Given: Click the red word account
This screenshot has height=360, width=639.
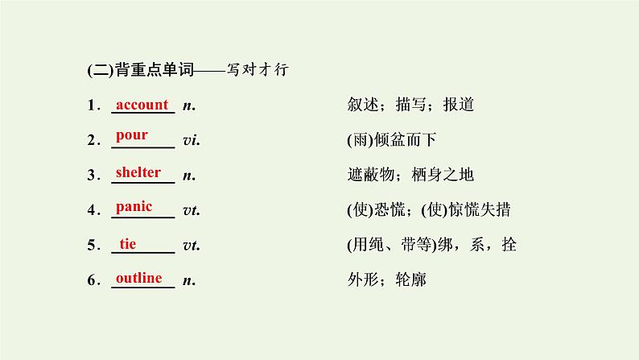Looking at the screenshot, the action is (142, 105).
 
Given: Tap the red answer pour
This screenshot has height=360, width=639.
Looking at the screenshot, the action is (131, 134).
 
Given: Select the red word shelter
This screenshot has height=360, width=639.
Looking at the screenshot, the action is (138, 172).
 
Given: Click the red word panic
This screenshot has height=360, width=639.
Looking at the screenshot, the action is (134, 207).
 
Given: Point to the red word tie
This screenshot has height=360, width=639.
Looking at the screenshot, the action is (128, 243).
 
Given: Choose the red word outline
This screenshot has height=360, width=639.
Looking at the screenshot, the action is (139, 278).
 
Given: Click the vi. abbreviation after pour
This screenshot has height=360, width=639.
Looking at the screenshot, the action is (192, 141).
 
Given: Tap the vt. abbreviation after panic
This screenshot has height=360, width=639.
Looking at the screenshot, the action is (192, 211).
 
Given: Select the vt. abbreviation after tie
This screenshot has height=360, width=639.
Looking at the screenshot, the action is (192, 246).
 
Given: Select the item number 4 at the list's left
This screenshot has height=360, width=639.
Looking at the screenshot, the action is (93, 211).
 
